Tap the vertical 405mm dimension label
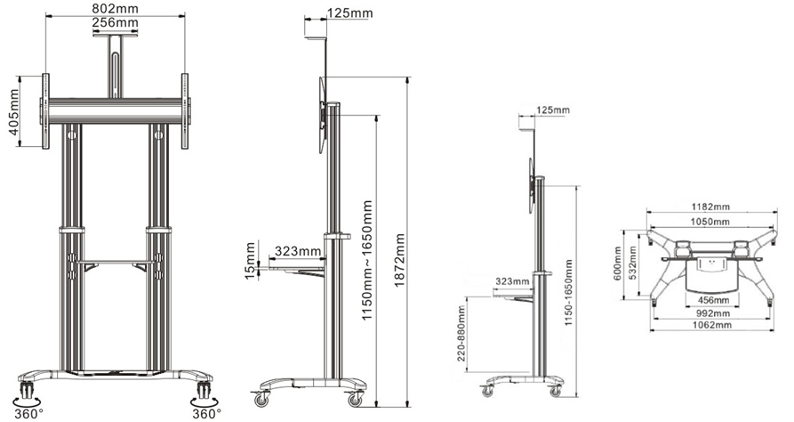12,111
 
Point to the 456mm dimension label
712,300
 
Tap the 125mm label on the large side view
350,12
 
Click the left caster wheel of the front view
27,389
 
